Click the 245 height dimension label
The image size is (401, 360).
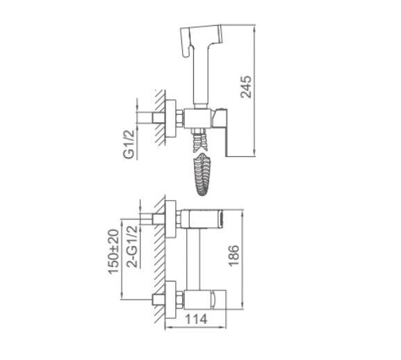(x=246, y=87)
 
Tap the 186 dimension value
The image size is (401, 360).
(x=234, y=256)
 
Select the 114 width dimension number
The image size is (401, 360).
(x=196, y=319)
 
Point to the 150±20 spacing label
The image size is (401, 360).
(x=113, y=252)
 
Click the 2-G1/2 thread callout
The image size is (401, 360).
(x=133, y=246)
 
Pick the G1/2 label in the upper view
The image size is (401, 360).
(x=129, y=145)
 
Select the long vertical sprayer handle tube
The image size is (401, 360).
(x=202, y=76)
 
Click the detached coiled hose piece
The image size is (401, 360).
(x=202, y=174)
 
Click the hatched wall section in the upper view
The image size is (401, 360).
(x=160, y=117)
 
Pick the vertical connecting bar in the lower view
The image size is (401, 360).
(x=193, y=259)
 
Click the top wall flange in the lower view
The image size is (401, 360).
(x=170, y=220)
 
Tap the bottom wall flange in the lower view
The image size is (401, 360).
(x=170, y=300)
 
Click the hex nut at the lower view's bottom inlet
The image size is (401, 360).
(x=180, y=300)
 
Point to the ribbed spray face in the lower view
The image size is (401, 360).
(x=221, y=219)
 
